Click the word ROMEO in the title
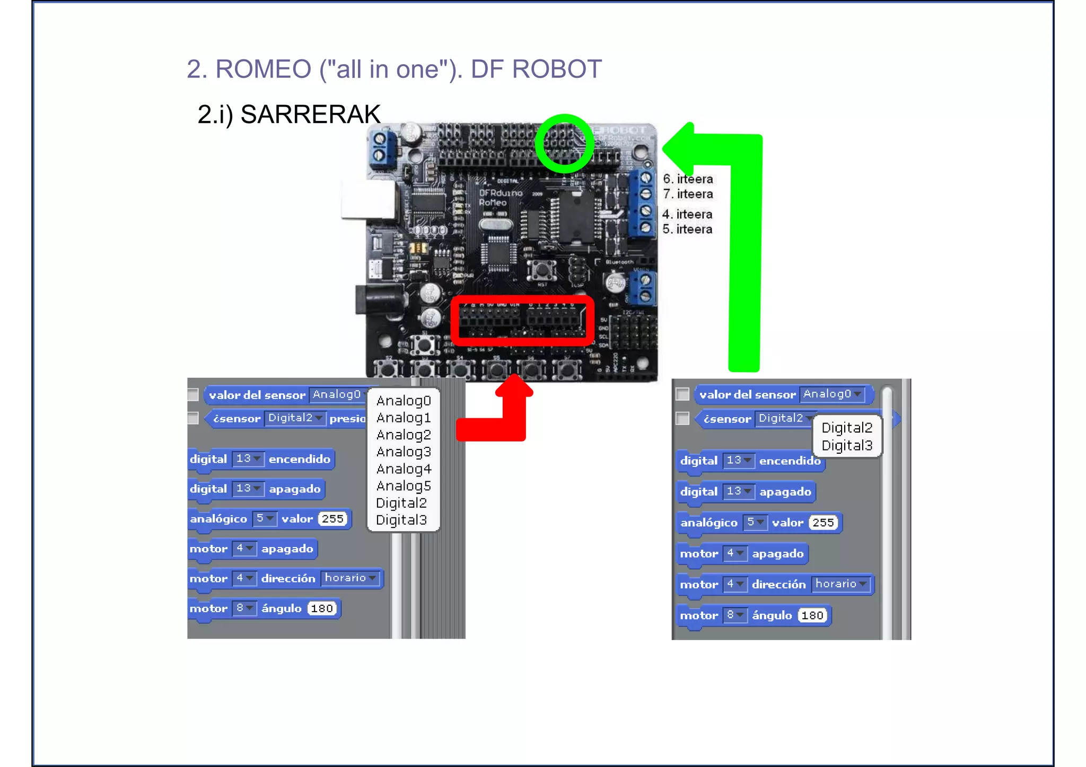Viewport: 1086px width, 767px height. tap(263, 69)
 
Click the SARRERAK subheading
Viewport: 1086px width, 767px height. tap(310, 114)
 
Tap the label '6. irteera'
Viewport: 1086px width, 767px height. tap(688, 179)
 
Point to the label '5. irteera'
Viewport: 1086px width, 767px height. tap(687, 229)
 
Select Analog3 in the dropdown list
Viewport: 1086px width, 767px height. tap(404, 452)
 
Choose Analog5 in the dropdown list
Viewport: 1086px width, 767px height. tap(404, 486)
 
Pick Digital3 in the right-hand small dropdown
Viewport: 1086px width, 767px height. tap(847, 445)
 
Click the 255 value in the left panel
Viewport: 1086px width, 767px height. tap(333, 519)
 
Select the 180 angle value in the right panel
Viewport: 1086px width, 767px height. tap(812, 615)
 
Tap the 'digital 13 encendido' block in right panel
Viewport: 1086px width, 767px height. tap(750, 461)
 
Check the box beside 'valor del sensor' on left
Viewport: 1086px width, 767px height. tap(193, 395)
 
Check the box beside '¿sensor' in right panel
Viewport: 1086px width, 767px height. tap(682, 419)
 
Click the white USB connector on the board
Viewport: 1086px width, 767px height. tap(368, 199)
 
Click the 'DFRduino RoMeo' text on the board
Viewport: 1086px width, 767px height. tap(500, 197)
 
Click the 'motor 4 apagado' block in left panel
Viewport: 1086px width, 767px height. tap(252, 549)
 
